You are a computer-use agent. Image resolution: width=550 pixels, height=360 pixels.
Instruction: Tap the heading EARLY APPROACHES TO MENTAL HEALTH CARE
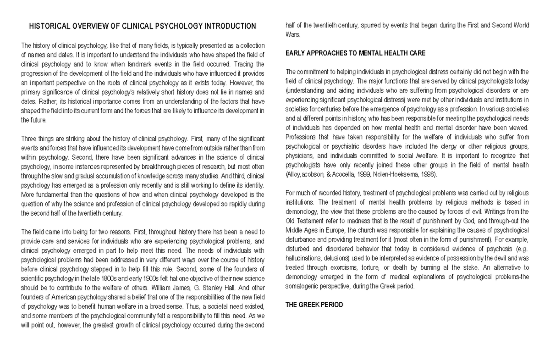(356, 53)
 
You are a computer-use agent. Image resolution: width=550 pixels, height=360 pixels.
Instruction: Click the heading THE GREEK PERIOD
(313, 305)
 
